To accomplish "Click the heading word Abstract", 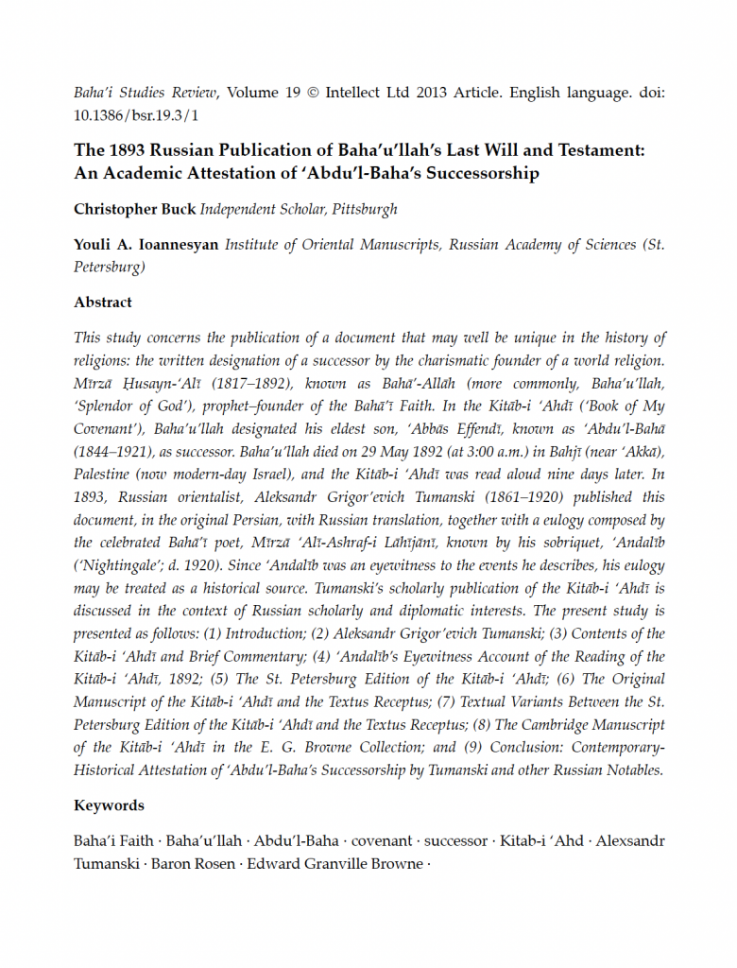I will click(x=103, y=302).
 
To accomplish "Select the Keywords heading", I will click(x=109, y=805).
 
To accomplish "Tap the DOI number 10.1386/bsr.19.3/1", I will click(x=137, y=115).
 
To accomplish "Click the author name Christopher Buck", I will click(x=134, y=209).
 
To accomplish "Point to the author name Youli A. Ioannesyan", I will click(x=146, y=244).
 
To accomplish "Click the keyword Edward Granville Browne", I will click(x=336, y=863).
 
